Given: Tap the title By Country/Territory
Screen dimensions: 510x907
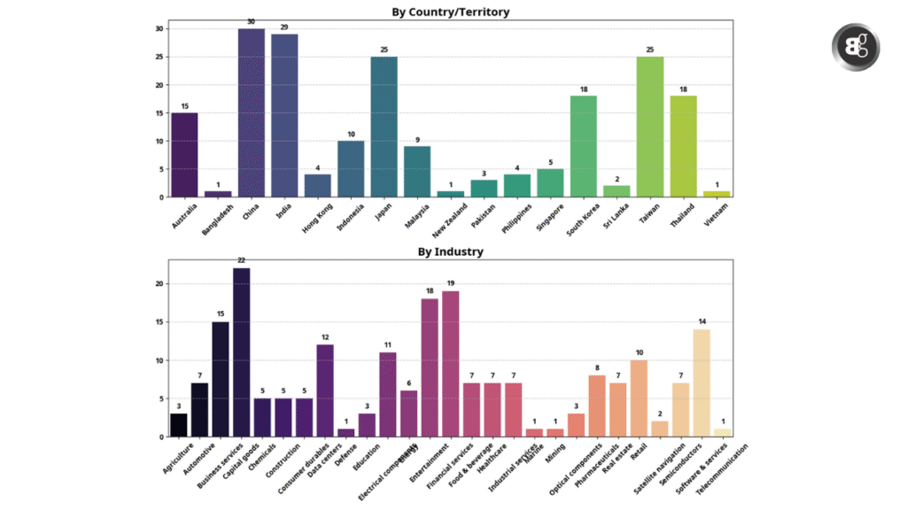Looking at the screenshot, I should [450, 12].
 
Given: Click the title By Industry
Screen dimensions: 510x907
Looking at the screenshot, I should [450, 251].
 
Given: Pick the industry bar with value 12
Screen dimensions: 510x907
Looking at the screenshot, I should [325, 390].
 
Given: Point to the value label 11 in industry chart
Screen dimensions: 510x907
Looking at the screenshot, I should [387, 344].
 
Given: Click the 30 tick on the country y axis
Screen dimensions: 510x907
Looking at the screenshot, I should [160, 28].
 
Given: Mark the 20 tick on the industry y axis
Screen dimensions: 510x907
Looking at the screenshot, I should [160, 284].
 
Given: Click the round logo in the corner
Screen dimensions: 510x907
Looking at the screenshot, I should [856, 48].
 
